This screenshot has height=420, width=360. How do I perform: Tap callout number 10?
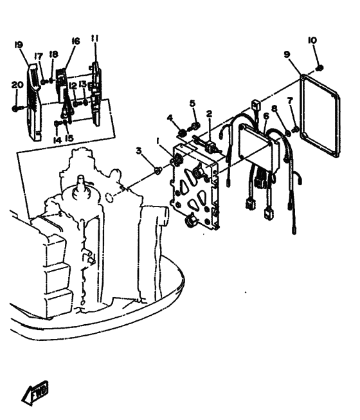(x=312, y=41)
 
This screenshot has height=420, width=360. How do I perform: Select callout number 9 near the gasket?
(x=287, y=55)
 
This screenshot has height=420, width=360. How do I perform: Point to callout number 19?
(x=19, y=45)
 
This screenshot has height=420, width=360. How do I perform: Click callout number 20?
(x=17, y=85)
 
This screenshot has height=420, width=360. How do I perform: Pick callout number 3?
(x=138, y=151)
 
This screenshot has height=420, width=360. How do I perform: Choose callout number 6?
(x=265, y=116)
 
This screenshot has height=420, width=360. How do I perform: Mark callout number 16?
(x=76, y=41)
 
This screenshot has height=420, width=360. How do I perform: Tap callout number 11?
(x=94, y=39)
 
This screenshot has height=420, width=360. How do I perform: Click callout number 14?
(x=57, y=140)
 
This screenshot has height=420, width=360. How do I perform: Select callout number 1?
(x=158, y=141)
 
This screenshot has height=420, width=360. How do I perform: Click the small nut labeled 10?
(x=319, y=68)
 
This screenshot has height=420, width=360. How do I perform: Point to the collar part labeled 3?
(x=157, y=170)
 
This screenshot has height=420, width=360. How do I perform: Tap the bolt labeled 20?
(x=16, y=109)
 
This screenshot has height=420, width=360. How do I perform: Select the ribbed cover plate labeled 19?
(x=34, y=102)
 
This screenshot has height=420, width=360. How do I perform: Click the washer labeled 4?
(x=183, y=132)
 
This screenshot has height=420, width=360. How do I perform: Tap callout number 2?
(x=209, y=114)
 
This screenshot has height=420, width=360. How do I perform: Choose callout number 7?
(x=290, y=101)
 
